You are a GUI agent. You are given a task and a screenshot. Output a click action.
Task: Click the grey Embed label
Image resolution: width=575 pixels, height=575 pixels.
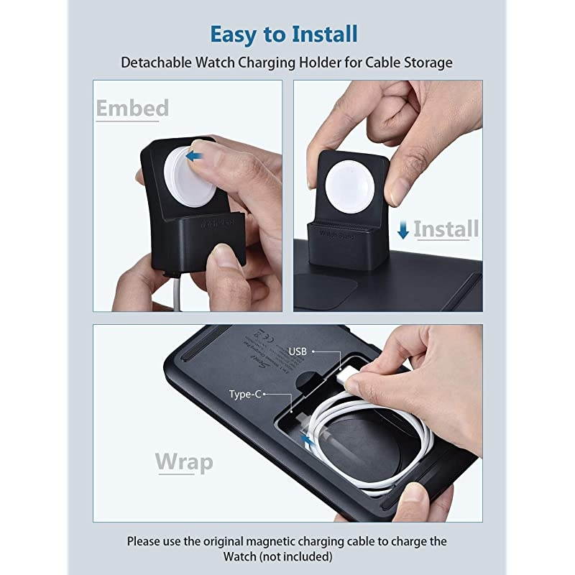pyautogui.click(x=132, y=108)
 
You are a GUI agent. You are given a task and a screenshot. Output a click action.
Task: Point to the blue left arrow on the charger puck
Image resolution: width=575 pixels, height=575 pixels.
pyautogui.click(x=192, y=155)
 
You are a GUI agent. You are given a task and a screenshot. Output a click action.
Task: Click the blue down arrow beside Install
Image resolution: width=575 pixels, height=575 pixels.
pyautogui.click(x=403, y=230)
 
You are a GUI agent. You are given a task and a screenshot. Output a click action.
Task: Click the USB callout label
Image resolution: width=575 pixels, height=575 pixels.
pyautogui.click(x=298, y=351)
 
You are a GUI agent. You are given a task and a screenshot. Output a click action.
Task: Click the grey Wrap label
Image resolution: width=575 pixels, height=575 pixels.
pyautogui.click(x=184, y=462)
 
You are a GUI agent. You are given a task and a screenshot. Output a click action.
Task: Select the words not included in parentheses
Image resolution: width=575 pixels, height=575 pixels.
pyautogui.click(x=297, y=557)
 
